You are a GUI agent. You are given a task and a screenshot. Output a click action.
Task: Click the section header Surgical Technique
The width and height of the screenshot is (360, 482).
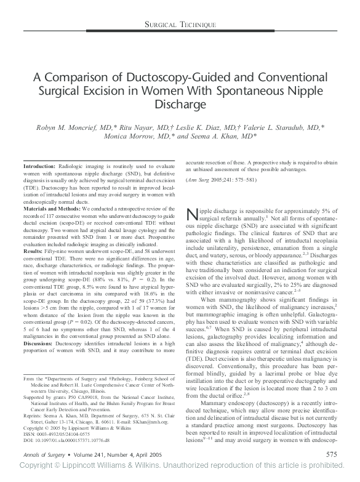pyautogui.click(x=180, y=24)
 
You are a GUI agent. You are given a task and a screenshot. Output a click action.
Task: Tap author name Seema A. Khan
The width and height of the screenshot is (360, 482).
pyautogui.click(x=226, y=136)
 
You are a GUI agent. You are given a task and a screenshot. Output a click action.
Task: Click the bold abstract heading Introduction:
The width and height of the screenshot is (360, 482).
pyautogui.click(x=40, y=167)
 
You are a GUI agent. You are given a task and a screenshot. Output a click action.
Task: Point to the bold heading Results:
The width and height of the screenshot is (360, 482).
pyautogui.click(x=33, y=252)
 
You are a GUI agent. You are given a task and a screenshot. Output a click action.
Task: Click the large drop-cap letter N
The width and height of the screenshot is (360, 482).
pyautogui.click(x=192, y=214)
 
